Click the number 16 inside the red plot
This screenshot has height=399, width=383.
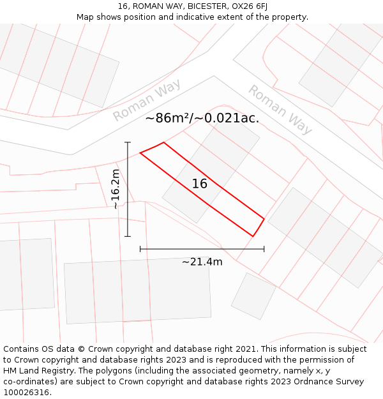200,184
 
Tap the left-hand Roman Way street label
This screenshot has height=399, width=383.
147,100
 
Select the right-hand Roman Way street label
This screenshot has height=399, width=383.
280,110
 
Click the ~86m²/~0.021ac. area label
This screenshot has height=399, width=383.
202,118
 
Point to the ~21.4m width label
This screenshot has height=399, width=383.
202,262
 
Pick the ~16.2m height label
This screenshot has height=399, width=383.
115,189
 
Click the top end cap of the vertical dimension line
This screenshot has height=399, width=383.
128,142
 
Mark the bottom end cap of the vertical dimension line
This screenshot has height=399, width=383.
128,236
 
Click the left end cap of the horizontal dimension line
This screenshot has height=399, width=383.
140,249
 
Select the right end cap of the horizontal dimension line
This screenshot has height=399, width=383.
264,249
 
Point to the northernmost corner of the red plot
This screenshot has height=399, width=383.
164,142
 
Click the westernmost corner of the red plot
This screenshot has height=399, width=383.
140,153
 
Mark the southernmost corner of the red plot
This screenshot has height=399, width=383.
253,236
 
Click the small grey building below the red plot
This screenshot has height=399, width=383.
253,296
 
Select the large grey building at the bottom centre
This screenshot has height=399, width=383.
137,291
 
